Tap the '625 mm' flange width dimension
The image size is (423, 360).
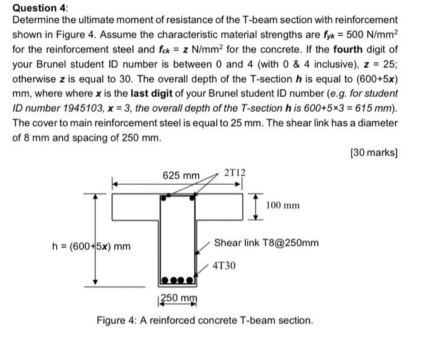(x=181, y=175)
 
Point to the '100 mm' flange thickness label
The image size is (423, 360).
(x=283, y=205)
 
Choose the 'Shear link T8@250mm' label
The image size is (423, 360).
(x=266, y=242)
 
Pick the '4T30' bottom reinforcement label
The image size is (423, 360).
(x=224, y=265)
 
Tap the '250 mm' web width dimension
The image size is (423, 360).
(x=178, y=298)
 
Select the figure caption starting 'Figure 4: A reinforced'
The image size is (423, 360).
(x=205, y=320)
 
